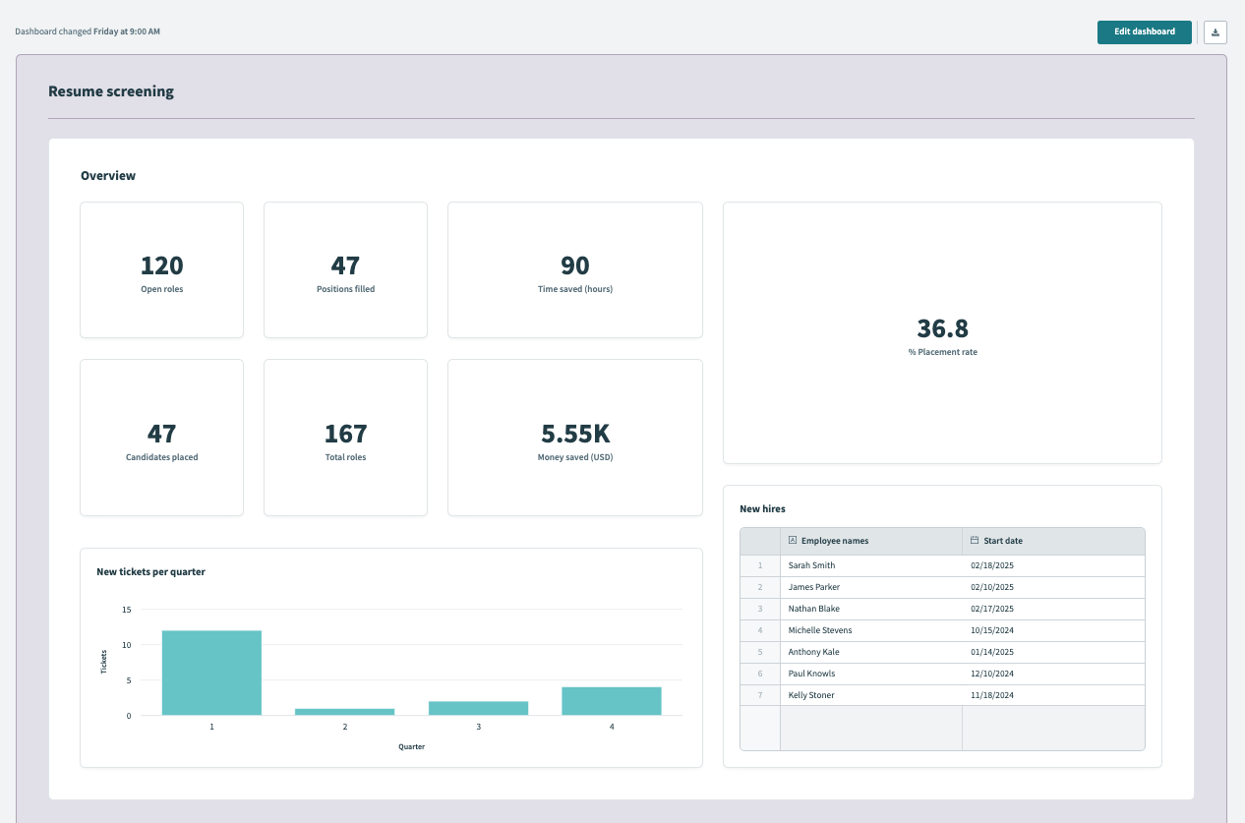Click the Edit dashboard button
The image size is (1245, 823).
(1144, 32)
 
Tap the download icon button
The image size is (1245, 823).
(1215, 32)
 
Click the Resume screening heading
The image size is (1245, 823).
(111, 91)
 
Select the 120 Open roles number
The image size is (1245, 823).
(162, 265)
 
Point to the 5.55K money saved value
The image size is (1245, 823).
(575, 434)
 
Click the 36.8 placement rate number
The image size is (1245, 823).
(942, 328)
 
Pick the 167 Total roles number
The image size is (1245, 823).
(345, 434)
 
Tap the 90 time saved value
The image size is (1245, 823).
(575, 265)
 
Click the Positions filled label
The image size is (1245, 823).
(345, 289)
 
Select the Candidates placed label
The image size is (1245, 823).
(162, 457)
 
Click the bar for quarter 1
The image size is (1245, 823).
(211, 673)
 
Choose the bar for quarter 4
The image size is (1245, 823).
(612, 701)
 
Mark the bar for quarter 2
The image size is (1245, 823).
(345, 711)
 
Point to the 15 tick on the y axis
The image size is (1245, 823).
(126, 610)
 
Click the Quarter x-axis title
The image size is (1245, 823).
(411, 746)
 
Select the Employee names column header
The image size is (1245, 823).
(834, 541)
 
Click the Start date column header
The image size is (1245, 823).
(1003, 541)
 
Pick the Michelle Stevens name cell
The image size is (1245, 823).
(820, 630)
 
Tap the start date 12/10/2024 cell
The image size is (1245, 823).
(991, 674)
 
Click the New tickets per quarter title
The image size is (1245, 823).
(150, 571)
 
